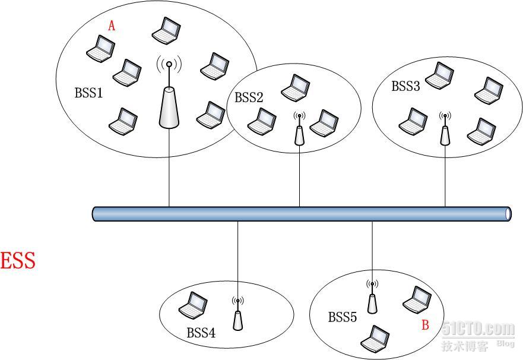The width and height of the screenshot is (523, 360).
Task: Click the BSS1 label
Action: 88,93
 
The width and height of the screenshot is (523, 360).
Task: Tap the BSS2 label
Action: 249,97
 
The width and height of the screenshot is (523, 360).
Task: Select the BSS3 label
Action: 405,86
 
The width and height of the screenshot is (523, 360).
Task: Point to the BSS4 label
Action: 201,333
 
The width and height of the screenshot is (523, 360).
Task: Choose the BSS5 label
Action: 343,317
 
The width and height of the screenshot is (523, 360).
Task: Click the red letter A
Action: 111,26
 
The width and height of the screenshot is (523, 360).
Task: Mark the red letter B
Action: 424,325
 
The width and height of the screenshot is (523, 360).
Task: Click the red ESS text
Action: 18,261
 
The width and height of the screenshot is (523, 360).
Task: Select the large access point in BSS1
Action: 169,101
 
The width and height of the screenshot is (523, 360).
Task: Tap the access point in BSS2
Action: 299,131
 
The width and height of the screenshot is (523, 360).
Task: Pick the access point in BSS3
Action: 445,131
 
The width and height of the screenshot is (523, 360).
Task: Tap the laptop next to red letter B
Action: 417,300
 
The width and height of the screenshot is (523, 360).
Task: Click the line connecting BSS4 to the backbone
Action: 237,255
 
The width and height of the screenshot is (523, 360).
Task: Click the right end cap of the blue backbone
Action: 508,213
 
